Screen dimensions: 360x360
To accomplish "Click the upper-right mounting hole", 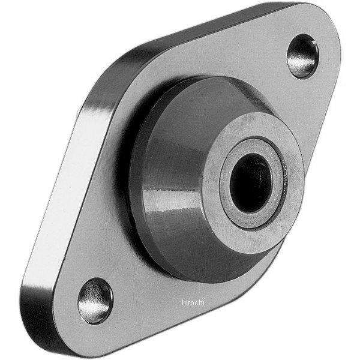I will pyautogui.click(x=302, y=56).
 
